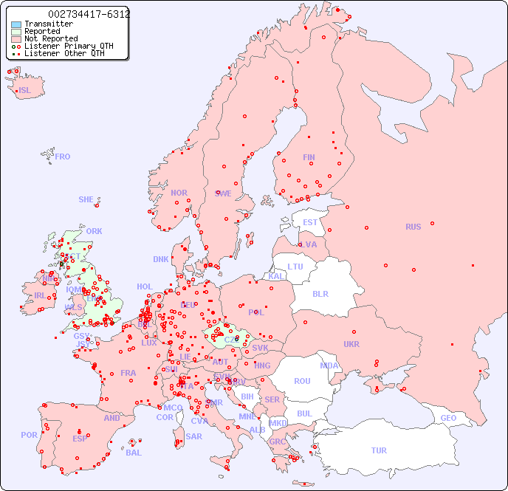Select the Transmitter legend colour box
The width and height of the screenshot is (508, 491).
[x=16, y=24]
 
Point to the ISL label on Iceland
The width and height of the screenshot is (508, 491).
[x=24, y=91]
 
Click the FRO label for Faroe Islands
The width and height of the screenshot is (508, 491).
[x=63, y=157]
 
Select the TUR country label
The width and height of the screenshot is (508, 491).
[x=379, y=450]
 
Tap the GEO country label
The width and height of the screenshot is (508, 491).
[x=448, y=419]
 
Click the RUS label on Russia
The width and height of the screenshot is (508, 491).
[x=413, y=227]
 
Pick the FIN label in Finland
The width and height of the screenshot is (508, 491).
[x=309, y=157]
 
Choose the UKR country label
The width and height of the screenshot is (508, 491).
[x=351, y=344]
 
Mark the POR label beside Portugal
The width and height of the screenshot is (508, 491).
[x=29, y=435]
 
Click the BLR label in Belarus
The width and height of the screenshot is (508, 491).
[x=320, y=293]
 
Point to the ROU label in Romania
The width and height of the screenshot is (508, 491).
[x=302, y=381]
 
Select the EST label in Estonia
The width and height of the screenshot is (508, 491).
[x=310, y=222]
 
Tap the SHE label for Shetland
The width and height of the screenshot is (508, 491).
[x=86, y=199]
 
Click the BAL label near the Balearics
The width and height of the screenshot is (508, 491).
[x=134, y=453]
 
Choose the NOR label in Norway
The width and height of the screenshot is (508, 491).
[x=179, y=193]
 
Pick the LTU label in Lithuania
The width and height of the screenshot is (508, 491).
[x=295, y=267]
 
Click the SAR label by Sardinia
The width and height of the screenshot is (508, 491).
[x=193, y=436]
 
